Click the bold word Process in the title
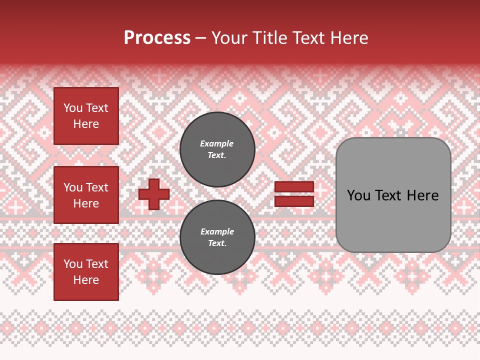point(157,38)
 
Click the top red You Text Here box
point(86,116)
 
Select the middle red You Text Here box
point(86,195)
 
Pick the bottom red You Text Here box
point(86,272)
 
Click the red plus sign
point(154,194)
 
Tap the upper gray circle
point(217,149)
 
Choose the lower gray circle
point(217,237)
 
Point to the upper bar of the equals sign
point(294,187)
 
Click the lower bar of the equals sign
point(294,201)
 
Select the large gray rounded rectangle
point(393,195)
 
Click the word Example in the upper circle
point(216,143)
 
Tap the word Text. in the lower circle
point(217,243)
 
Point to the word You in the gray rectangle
point(358,195)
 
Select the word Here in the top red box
point(86,124)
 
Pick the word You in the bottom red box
point(73,264)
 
